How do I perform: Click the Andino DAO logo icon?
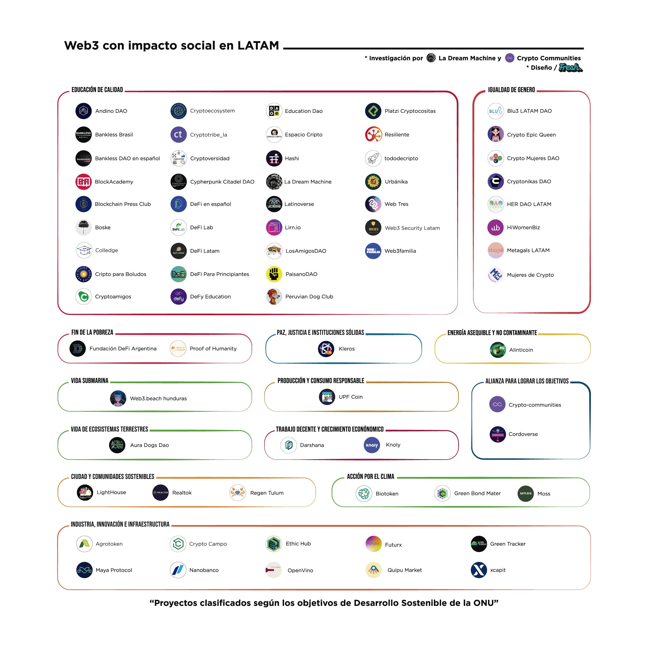(x=83, y=111)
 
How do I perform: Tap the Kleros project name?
(x=346, y=349)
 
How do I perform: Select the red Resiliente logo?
(x=373, y=134)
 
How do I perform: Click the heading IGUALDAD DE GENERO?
(x=511, y=90)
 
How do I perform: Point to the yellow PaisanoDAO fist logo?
(x=274, y=274)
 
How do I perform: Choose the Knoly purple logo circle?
(x=372, y=445)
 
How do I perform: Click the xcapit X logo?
(x=479, y=570)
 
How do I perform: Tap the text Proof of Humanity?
(x=213, y=349)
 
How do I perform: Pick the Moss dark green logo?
(x=525, y=493)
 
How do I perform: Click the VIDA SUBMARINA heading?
(x=90, y=381)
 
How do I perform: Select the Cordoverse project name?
(x=523, y=434)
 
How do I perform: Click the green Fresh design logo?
(x=570, y=67)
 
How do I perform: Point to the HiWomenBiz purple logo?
(x=495, y=228)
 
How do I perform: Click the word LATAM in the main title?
(x=258, y=46)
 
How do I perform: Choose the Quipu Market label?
(x=405, y=570)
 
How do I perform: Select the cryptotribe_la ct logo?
(x=178, y=134)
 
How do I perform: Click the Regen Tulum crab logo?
(x=237, y=493)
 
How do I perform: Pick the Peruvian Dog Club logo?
(x=274, y=297)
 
